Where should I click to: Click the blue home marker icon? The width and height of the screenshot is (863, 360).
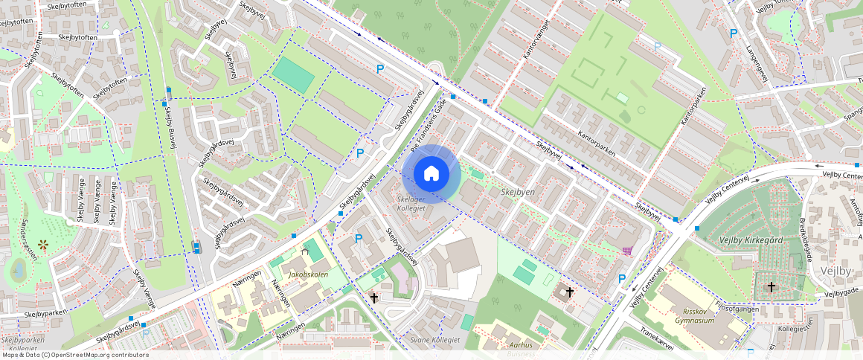(431, 174)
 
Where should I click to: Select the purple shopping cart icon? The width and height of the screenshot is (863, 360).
(627, 251)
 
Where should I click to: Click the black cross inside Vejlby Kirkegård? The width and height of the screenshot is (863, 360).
(771, 286)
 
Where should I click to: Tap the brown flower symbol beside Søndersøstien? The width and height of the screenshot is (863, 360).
(43, 244)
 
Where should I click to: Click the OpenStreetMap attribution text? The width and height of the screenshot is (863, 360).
(74, 355)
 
